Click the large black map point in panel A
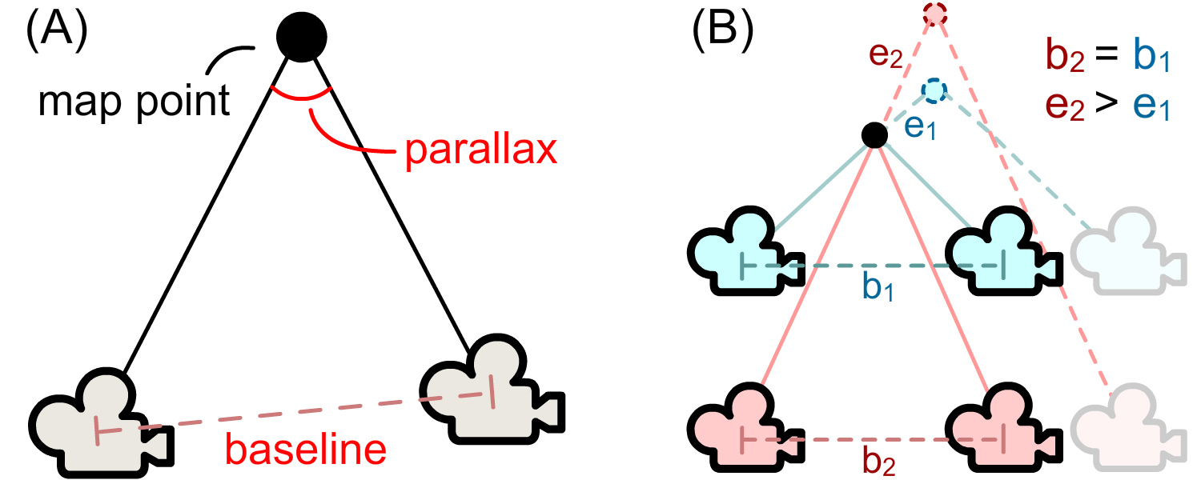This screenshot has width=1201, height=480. click(301, 37)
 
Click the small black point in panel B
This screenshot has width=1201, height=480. click(874, 135)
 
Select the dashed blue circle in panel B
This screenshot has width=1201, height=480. click(934, 91)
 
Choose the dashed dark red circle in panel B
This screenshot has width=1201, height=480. click(934, 14)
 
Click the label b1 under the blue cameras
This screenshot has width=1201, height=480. click(878, 289)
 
